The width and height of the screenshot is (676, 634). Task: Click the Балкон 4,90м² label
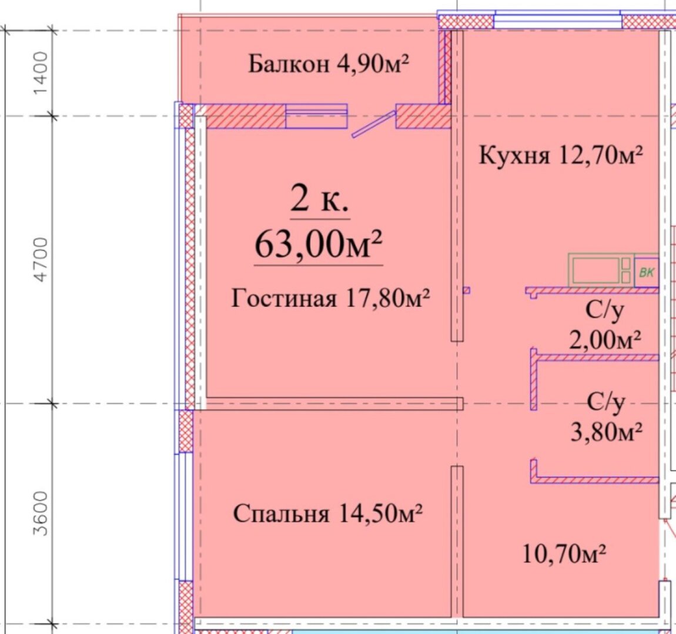(x=329, y=64)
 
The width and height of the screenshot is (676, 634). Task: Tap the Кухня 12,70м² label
(x=560, y=155)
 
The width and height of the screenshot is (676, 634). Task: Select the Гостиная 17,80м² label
(x=330, y=298)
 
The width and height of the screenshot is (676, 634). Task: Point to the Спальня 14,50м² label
(x=327, y=513)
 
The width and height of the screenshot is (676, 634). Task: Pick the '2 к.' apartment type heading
(x=319, y=199)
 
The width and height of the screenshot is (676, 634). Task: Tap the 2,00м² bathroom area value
(x=605, y=339)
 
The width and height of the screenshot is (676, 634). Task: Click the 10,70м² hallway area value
(x=564, y=553)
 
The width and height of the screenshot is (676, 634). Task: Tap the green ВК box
(x=647, y=272)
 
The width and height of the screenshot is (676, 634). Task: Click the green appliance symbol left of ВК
(x=601, y=269)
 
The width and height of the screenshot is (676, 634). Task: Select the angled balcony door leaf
(x=374, y=124)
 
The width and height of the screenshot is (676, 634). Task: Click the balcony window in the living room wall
(x=316, y=116)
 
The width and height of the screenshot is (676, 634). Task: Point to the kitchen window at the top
(x=558, y=20)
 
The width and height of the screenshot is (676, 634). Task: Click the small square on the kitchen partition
(x=467, y=291)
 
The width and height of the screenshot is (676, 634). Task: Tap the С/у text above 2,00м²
(x=604, y=310)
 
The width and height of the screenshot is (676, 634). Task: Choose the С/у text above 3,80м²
(x=605, y=402)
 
